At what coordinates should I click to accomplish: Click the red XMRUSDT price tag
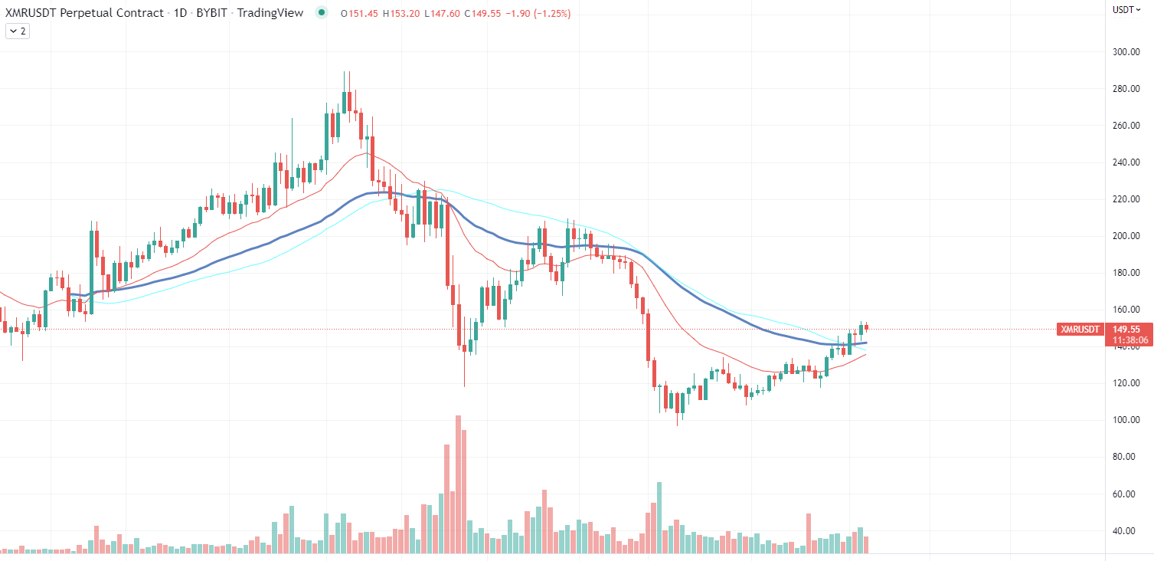(x=1080, y=330)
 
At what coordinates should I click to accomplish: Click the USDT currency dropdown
(x=1126, y=10)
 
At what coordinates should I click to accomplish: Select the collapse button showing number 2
(x=18, y=31)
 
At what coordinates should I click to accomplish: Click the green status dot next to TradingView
(x=322, y=13)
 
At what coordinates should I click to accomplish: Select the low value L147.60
(x=443, y=14)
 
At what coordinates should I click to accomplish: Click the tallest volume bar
(x=458, y=484)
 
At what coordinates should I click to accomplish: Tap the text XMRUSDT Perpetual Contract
(x=84, y=13)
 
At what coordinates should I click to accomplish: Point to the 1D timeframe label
(x=184, y=13)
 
